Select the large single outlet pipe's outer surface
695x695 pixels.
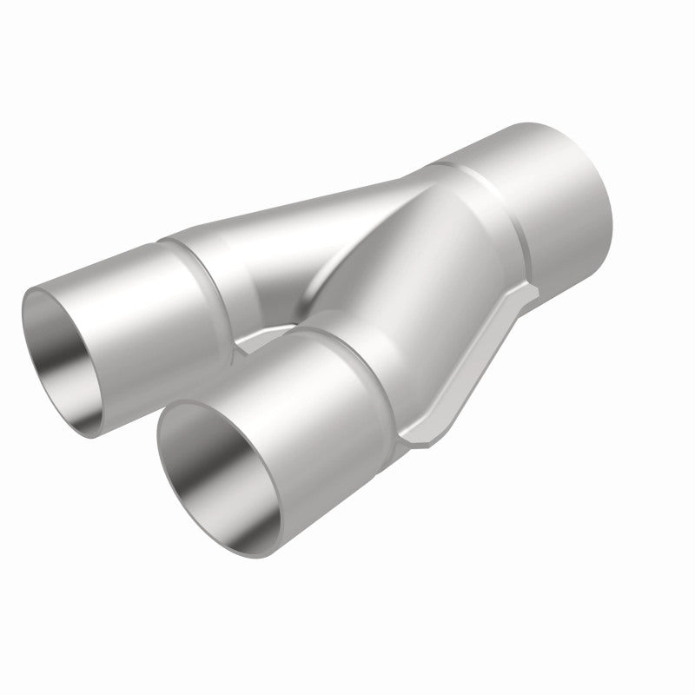556,208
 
